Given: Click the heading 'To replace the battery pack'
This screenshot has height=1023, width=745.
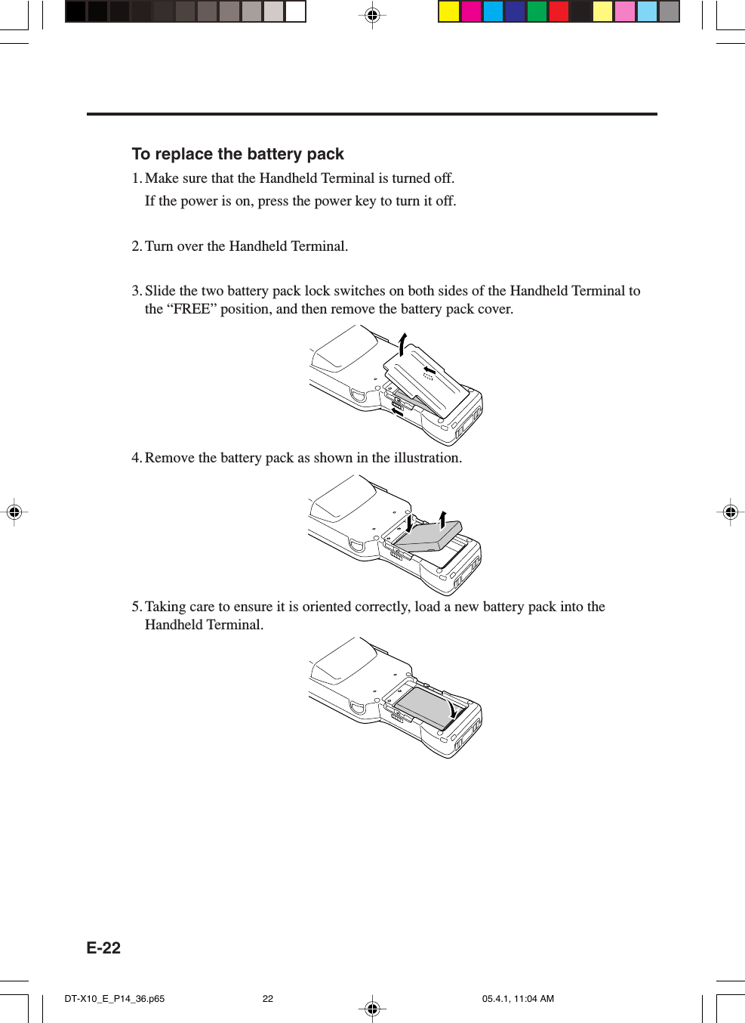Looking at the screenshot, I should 238,154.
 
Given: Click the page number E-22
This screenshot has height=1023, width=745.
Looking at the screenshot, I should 103,948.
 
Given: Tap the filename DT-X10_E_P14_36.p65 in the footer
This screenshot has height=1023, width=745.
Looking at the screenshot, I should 114,999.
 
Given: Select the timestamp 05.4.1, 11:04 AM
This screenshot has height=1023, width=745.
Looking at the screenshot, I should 518,999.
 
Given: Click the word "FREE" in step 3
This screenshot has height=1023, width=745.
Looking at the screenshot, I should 191,309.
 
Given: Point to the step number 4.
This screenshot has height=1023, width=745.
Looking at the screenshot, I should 136,458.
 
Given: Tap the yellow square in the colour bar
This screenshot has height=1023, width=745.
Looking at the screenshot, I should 449,11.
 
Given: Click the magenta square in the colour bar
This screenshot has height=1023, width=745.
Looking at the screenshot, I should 471,11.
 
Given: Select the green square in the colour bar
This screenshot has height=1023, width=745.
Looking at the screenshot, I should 537,11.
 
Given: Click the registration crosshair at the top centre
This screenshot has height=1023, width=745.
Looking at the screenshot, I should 372,15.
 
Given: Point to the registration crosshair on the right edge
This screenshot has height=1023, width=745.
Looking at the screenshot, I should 730,512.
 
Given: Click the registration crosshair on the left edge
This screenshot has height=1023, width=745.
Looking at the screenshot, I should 14,512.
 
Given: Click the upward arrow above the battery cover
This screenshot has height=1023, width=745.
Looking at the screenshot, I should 402,343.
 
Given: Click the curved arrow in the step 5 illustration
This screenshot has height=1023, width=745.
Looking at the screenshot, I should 451,709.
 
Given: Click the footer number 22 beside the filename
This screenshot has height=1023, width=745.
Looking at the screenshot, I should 268,999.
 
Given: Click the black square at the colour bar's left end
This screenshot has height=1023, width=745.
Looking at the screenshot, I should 75,11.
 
